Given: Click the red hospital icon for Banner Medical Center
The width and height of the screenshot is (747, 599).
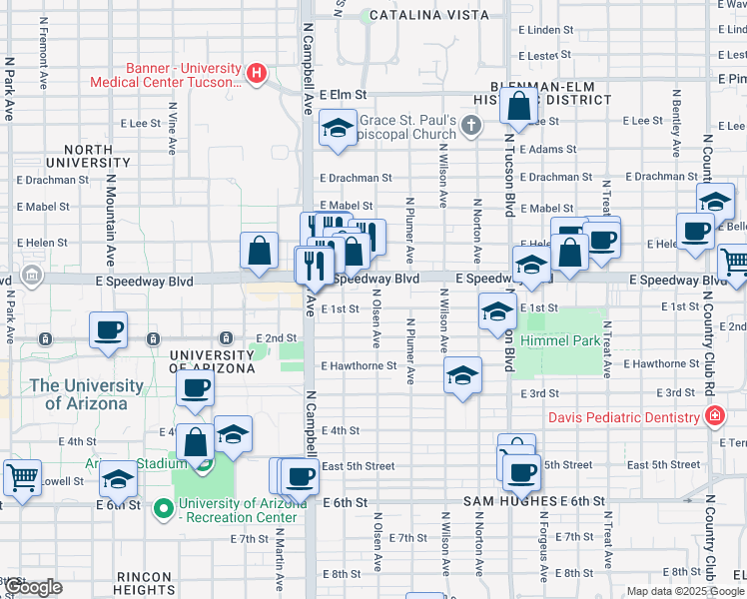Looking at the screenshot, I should (x=257, y=73).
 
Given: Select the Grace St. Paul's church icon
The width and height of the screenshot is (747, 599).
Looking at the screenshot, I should (x=473, y=126).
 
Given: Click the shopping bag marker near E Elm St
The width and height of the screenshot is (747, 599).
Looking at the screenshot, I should (x=519, y=105).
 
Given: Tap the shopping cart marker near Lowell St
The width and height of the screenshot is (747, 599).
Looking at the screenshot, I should (x=22, y=476).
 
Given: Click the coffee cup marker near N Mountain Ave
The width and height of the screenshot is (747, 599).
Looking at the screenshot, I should (x=109, y=329).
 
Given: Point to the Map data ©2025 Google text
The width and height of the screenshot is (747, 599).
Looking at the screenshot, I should (x=683, y=591).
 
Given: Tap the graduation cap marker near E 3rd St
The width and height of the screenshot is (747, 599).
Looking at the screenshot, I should (x=461, y=375).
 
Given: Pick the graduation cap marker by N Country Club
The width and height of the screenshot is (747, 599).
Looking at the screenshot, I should (x=715, y=201).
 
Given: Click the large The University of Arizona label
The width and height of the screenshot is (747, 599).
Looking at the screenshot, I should (x=86, y=394).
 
